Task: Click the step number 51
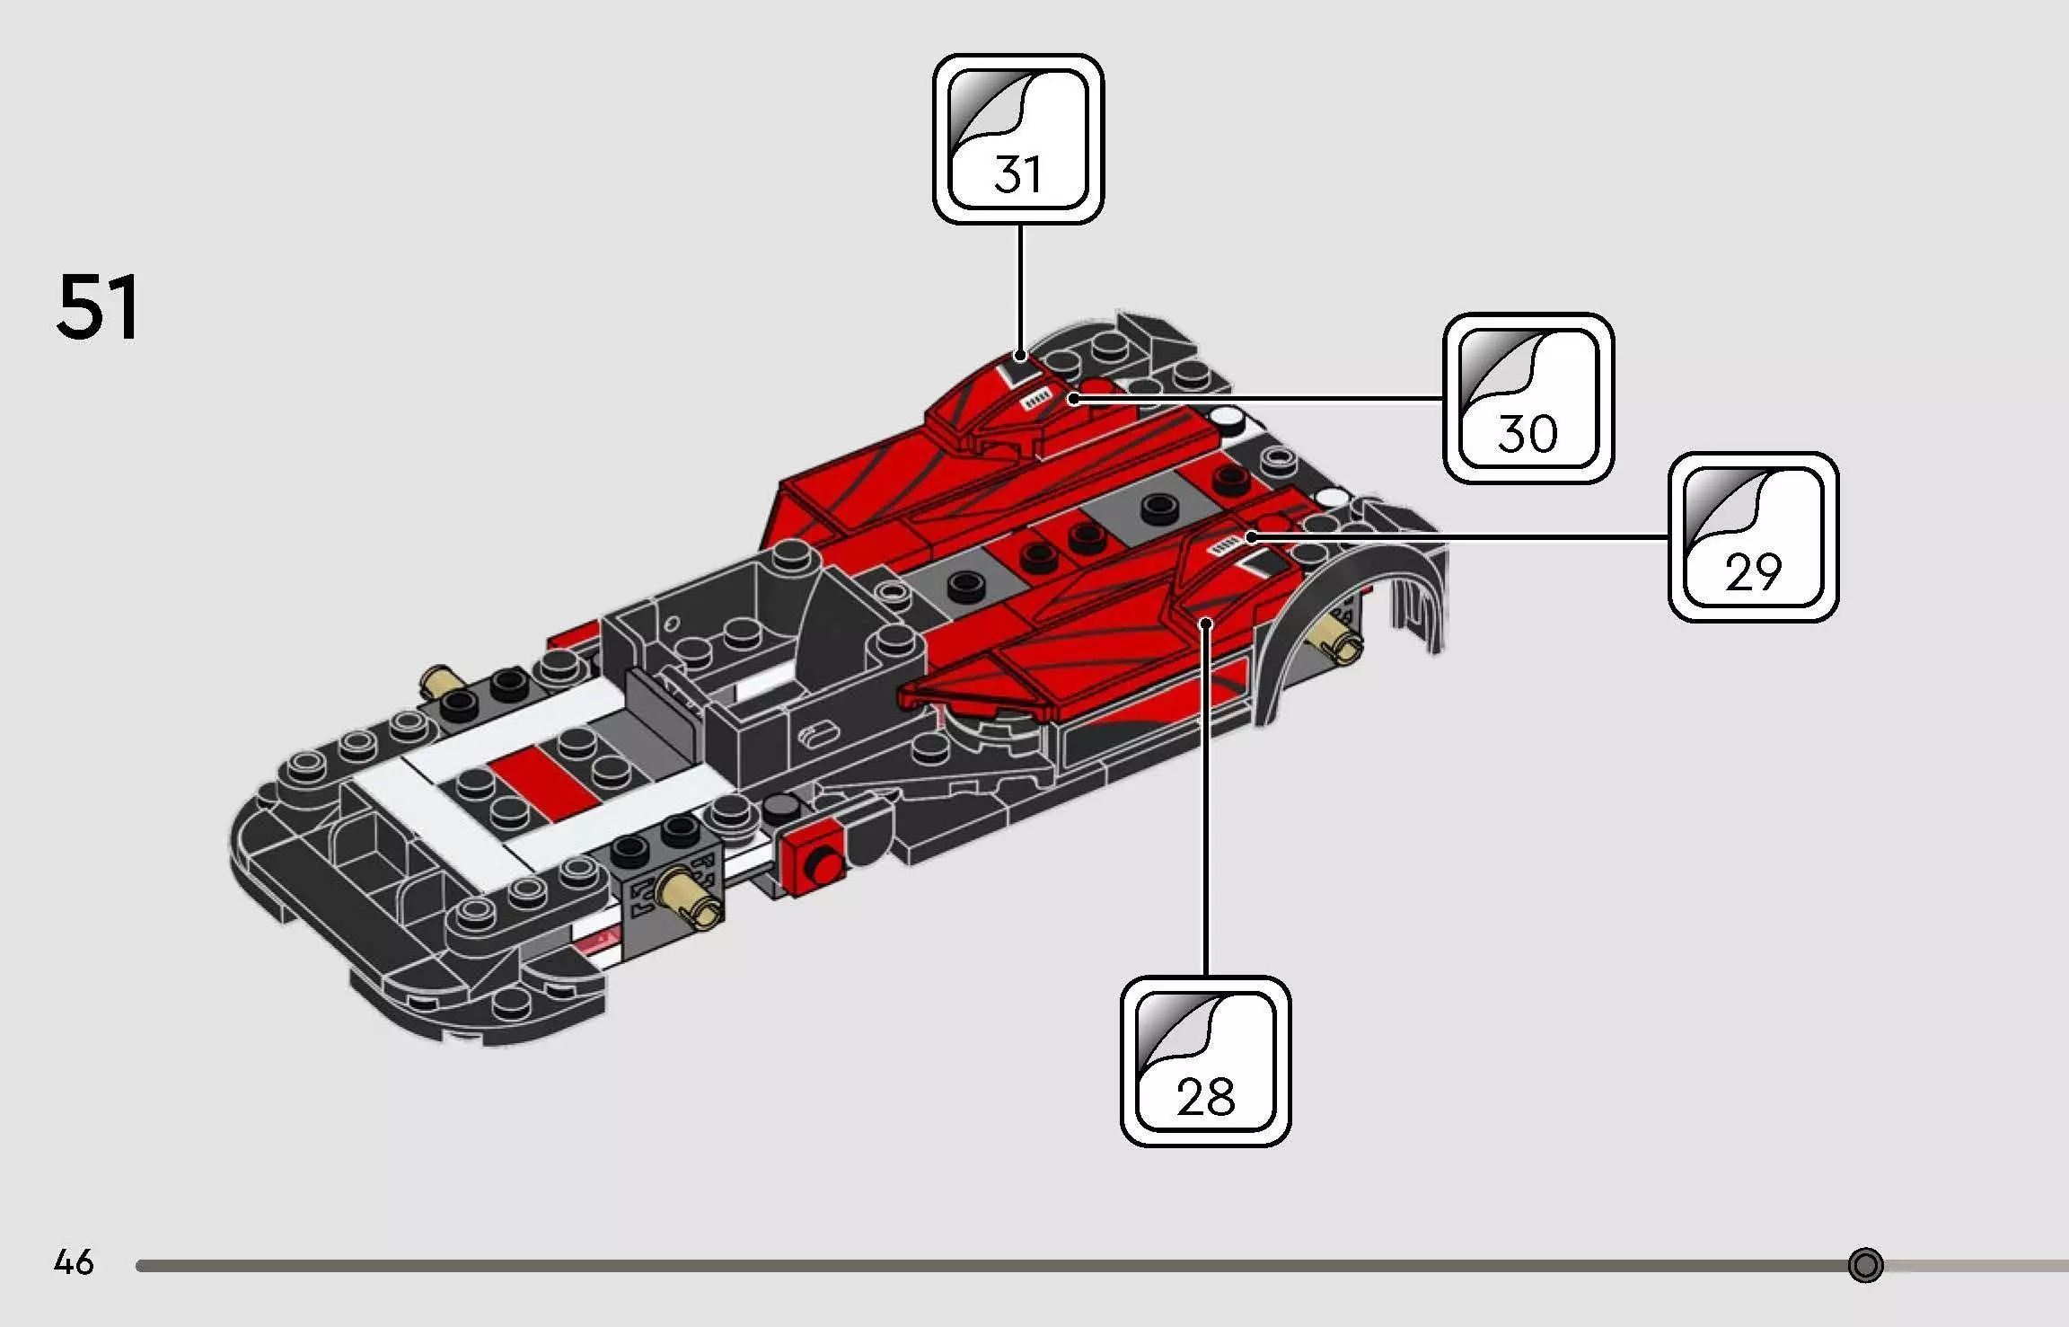pos(98,307)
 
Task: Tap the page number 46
pos(74,1262)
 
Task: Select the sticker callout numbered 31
pos(1018,139)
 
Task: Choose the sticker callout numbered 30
pos(1528,398)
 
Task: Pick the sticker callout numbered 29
pos(1753,537)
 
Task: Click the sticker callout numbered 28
pos(1205,1061)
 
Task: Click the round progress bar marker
pos(1865,1265)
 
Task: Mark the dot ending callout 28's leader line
pos(1206,622)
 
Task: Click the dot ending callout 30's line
pos(1073,398)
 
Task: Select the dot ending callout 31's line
pos(1019,356)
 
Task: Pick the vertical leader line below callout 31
pos(1019,288)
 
